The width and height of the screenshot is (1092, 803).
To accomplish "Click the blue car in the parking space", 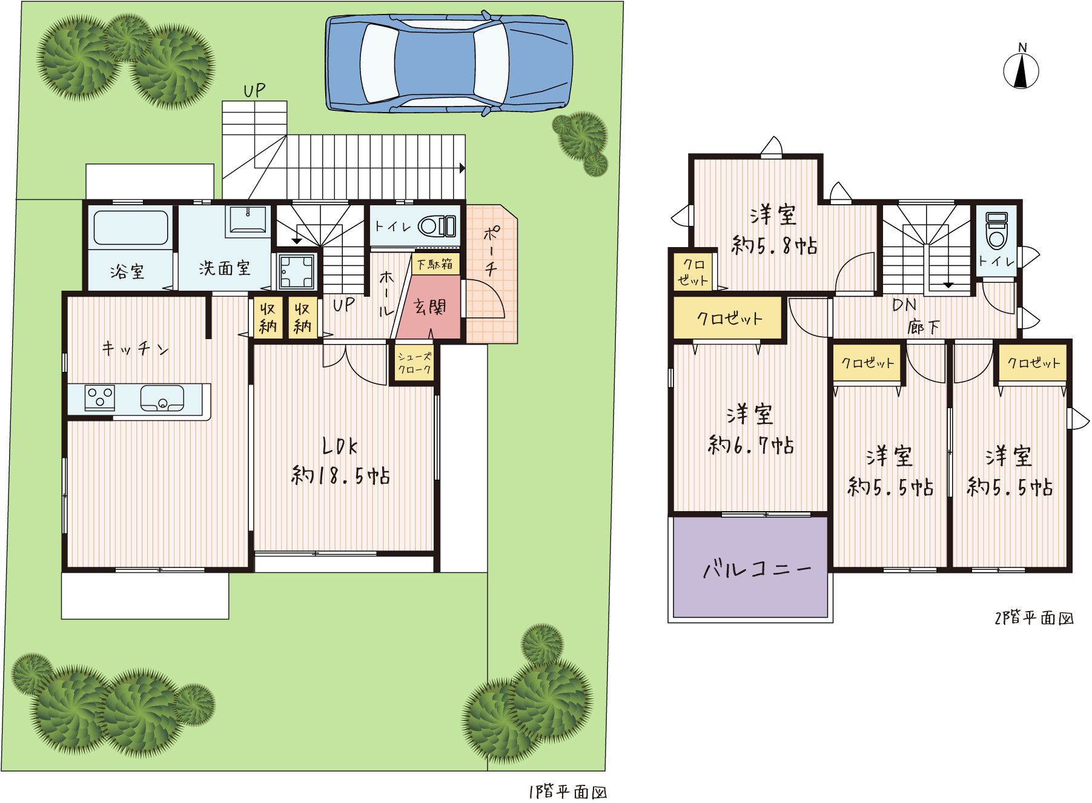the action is (449, 64).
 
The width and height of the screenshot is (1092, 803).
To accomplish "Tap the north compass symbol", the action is (1021, 68).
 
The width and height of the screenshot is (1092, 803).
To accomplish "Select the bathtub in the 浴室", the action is (131, 228).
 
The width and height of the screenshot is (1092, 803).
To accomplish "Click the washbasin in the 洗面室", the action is (247, 220).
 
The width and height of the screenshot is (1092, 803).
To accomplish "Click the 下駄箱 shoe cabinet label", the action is (435, 264).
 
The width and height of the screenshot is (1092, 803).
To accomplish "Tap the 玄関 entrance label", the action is (429, 307).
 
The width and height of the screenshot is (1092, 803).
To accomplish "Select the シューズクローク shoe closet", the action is (414, 363).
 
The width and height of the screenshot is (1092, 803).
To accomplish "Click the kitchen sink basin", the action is (162, 398).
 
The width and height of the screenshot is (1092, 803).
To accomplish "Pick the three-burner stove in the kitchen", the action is (100, 398).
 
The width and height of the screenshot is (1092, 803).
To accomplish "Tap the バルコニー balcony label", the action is (757, 569).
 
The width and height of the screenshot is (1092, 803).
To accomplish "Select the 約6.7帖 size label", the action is (751, 445).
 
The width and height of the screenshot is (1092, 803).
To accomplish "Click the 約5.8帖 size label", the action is (775, 245).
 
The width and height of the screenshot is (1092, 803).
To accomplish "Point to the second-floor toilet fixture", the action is (997, 230).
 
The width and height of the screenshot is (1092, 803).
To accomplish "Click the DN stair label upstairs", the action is (904, 305).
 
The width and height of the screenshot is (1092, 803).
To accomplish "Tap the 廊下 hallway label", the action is (923, 328).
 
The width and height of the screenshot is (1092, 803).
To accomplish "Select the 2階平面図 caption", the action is (1034, 618).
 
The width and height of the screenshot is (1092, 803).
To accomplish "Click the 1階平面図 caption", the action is (568, 791).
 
